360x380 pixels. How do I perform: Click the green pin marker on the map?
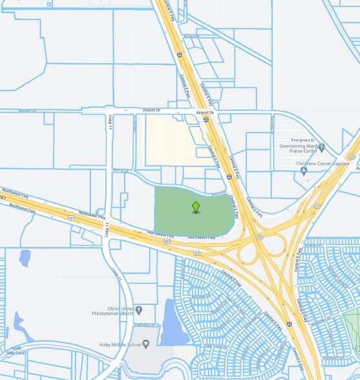196,207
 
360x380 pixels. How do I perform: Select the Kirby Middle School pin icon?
145,344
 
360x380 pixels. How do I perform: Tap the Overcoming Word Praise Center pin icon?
322,148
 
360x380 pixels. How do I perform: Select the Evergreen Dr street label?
303,139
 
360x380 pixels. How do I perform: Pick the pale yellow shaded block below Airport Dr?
169,139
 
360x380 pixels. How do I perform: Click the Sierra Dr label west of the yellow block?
122,171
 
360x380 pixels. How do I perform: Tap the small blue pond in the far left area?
25,259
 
